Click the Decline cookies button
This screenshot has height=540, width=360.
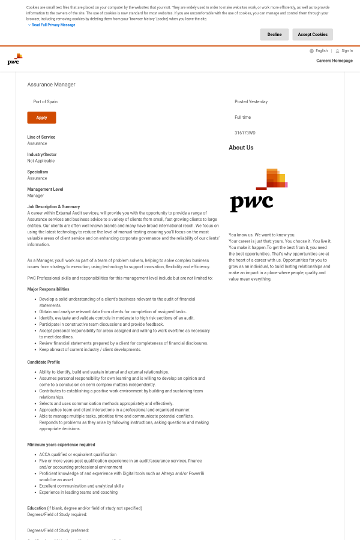[x=274, y=35]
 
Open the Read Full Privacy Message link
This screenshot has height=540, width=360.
[x=53, y=25]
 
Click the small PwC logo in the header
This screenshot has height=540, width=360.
[x=15, y=59]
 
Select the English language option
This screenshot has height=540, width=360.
[x=321, y=51]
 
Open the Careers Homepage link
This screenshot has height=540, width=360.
[x=334, y=61]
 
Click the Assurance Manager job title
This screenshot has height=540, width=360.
[x=52, y=85]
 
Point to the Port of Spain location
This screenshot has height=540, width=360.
[x=46, y=102]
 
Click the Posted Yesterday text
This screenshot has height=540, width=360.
[x=251, y=102]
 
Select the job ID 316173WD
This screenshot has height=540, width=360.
[x=245, y=133]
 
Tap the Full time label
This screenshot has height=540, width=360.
[x=243, y=117]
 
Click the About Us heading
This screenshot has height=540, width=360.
[x=241, y=148]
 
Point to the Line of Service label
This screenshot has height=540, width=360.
[x=41, y=137]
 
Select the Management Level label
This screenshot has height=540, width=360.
[x=45, y=190]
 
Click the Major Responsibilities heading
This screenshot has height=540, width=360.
[x=48, y=289]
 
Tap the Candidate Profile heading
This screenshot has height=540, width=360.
[x=43, y=362]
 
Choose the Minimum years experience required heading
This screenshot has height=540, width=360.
[x=61, y=445]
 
